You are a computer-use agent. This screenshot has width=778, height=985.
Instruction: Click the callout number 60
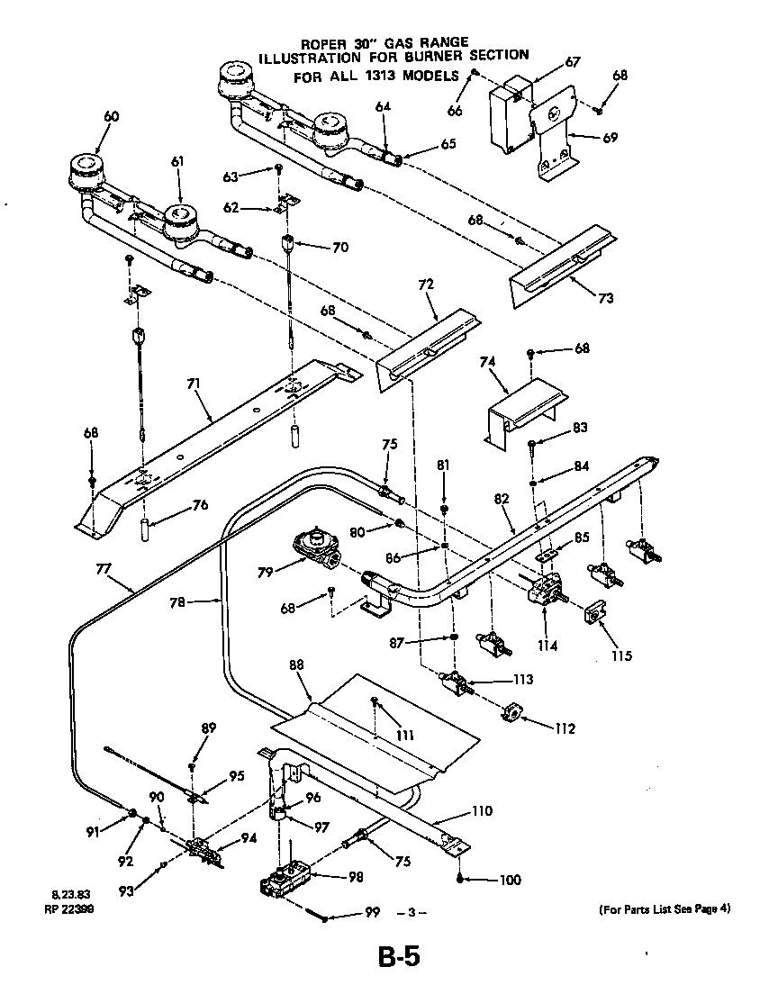[x=112, y=116]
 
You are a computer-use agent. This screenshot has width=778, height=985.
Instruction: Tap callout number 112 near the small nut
[x=565, y=728]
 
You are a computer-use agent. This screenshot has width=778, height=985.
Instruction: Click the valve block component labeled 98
[x=285, y=881]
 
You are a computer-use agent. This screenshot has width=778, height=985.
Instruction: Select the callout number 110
[x=482, y=810]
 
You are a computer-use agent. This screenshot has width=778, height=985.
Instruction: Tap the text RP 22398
[x=68, y=909]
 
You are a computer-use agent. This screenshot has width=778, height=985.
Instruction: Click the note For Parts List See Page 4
[x=665, y=908]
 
